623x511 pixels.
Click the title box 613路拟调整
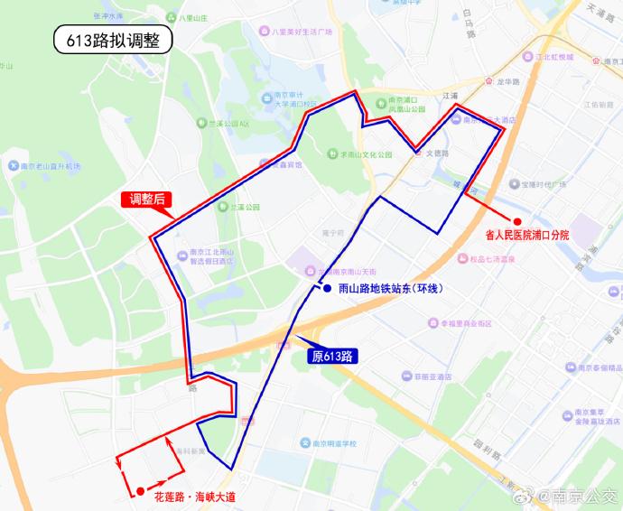pos(112,40)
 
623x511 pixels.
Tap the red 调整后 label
pos(147,200)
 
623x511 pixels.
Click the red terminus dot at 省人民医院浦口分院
pos(517,221)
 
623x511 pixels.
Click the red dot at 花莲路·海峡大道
pos(141,491)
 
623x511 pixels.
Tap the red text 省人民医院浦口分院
pos(527,236)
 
